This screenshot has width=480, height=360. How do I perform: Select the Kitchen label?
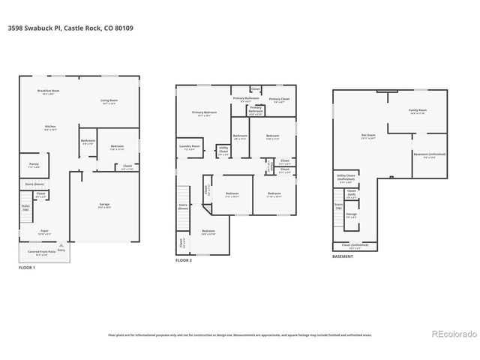click(50, 128)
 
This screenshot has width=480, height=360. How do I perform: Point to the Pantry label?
click(34, 165)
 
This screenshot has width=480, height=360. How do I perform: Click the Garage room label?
click(104, 205)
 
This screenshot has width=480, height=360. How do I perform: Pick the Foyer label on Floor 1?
click(44, 232)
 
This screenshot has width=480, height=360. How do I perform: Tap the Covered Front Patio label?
click(46, 253)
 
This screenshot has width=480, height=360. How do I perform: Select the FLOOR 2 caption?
click(184, 260)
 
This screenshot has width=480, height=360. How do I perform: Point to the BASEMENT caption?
click(343, 256)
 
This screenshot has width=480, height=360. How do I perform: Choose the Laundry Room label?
click(190, 148)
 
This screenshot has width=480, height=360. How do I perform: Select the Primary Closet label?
click(279, 100)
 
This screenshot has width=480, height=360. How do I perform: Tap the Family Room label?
click(417, 111)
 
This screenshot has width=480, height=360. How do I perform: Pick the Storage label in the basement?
click(351, 215)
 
